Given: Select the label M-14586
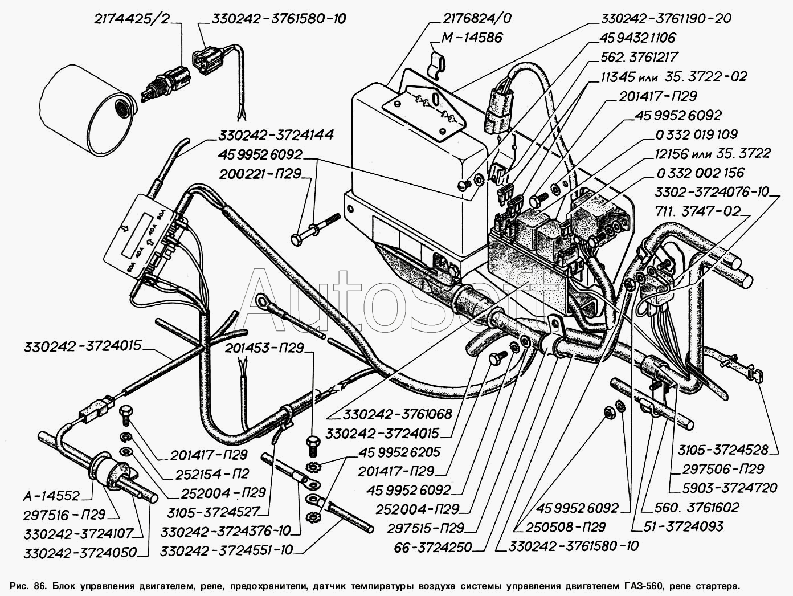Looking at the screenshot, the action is click(471, 38).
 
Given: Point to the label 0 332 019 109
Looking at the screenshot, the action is click(696, 134).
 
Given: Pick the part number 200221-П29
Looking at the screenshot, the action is click(260, 174).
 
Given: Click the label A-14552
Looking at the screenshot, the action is click(51, 496).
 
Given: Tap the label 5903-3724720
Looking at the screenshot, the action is click(729, 488).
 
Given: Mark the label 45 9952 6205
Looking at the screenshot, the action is click(399, 452).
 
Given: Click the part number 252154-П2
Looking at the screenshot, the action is click(212, 473).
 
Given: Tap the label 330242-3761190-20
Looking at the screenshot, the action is click(666, 18).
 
